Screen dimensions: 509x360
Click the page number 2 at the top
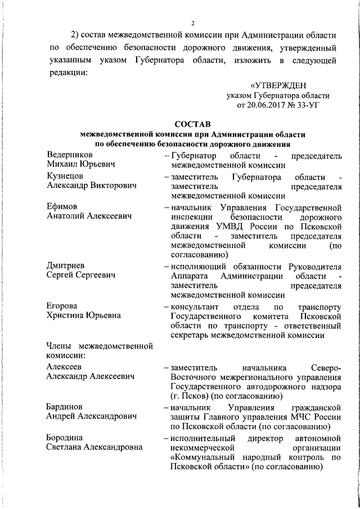tap(192, 23)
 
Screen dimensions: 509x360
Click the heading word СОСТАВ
tap(193, 124)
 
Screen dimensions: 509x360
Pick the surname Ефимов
tap(62, 206)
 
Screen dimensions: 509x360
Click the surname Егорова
tap(62, 307)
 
